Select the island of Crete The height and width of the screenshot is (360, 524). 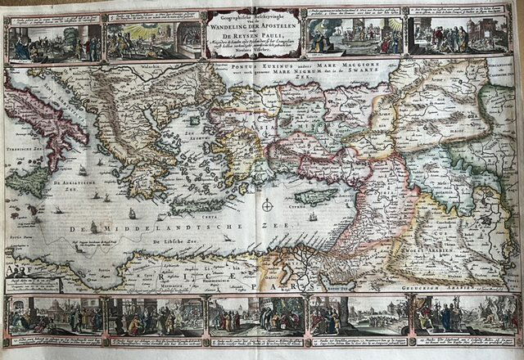pyautogui.click(x=199, y=206)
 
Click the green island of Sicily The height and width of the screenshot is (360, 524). pyautogui.click(x=30, y=182)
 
